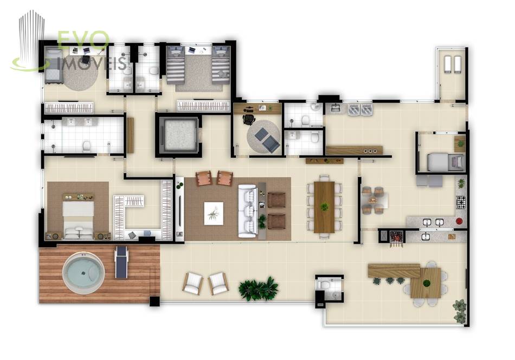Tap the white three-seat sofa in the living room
(x=248, y=211)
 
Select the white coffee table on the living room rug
(x=214, y=214)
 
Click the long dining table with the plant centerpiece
(x=324, y=207)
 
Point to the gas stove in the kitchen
(x=461, y=202)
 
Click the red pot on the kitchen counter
(x=459, y=221)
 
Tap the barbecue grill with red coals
(x=396, y=236)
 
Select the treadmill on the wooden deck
(x=121, y=262)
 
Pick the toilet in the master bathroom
(x=87, y=146)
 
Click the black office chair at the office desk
(x=248, y=119)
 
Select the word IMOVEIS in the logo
(x=92, y=63)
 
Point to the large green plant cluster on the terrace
(x=258, y=288)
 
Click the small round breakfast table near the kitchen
(x=374, y=200)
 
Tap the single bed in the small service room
(x=446, y=162)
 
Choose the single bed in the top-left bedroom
(x=54, y=65)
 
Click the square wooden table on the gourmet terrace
(x=426, y=283)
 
